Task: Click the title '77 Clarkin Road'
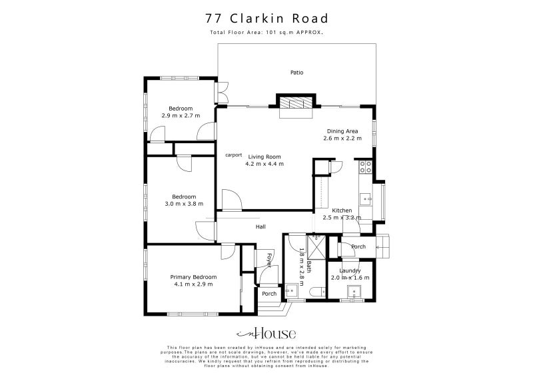(x=266, y=17)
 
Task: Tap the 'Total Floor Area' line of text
(x=266, y=32)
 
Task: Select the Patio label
(x=296, y=73)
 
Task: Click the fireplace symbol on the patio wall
(x=294, y=103)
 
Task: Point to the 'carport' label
(x=233, y=155)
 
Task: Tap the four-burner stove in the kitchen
(x=365, y=167)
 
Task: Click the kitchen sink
(x=365, y=198)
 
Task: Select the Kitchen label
(x=342, y=210)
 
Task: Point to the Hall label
(x=261, y=227)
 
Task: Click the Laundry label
(x=350, y=270)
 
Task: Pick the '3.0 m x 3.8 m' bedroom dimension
(x=184, y=204)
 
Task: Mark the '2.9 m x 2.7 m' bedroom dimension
(x=181, y=116)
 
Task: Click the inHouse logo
(x=266, y=334)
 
